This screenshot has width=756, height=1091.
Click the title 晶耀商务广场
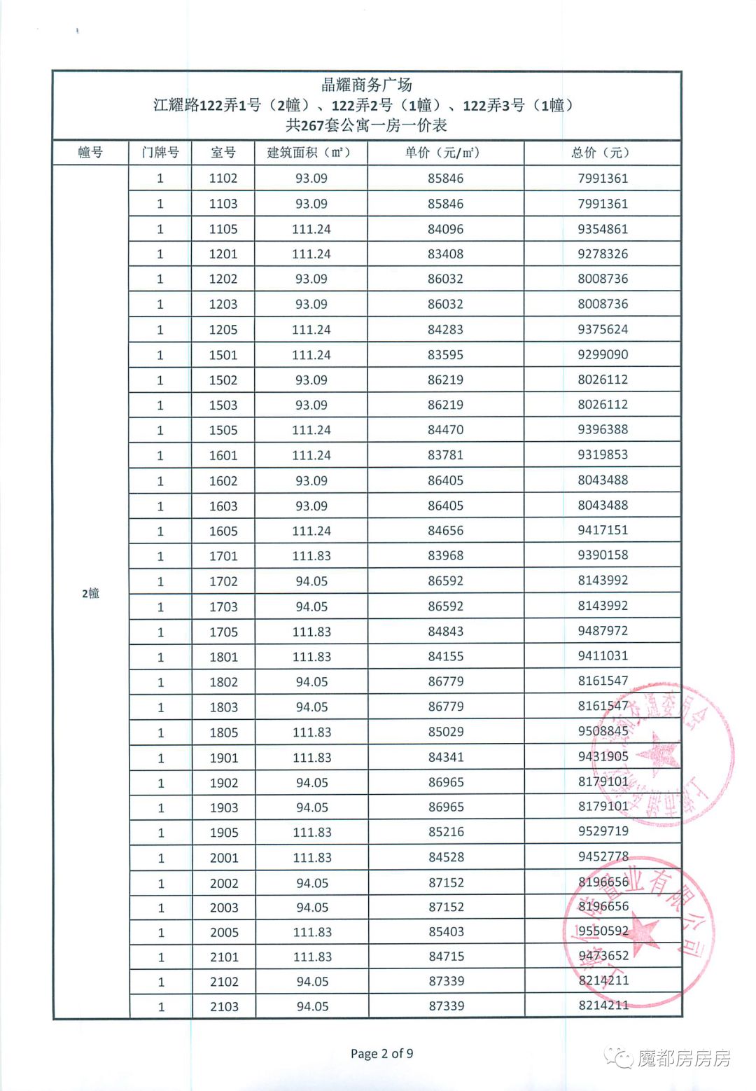pyautogui.click(x=366, y=85)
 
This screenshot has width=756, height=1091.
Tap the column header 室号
pyautogui.click(x=223, y=153)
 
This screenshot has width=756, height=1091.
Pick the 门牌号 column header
pyautogui.click(x=160, y=153)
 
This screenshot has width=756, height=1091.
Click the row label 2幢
pyautogui.click(x=90, y=594)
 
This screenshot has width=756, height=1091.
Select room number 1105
pyautogui.click(x=223, y=229)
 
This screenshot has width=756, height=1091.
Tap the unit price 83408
pyautogui.click(x=446, y=254)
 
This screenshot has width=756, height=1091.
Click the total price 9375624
pyautogui.click(x=603, y=329)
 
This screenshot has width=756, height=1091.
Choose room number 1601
pyautogui.click(x=223, y=455)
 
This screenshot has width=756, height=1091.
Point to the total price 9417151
pyautogui.click(x=603, y=530)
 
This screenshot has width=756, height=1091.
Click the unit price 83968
pyautogui.click(x=446, y=555)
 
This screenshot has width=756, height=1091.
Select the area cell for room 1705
pyautogui.click(x=311, y=632)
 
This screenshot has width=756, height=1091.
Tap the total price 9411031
pyautogui.click(x=603, y=656)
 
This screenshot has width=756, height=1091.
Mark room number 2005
pyautogui.click(x=224, y=932)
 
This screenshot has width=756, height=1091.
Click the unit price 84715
pyautogui.click(x=446, y=957)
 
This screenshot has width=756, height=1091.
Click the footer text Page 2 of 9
pyautogui.click(x=381, y=1054)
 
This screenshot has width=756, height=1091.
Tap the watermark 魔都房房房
pyautogui.click(x=682, y=1058)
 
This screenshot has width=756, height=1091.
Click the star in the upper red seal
pyautogui.click(x=659, y=755)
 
